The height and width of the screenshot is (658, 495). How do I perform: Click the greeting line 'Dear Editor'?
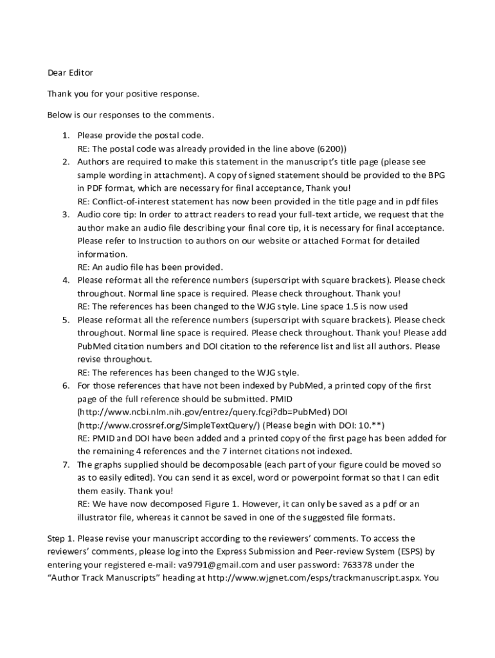(x=70, y=73)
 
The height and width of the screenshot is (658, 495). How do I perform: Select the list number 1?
(x=66, y=136)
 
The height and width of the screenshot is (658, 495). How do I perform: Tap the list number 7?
(x=66, y=465)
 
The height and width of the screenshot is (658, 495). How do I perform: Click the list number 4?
(x=66, y=280)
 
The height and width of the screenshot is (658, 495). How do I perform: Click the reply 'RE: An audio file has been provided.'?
(x=150, y=267)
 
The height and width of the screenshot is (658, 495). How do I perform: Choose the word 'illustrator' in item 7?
(x=99, y=517)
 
